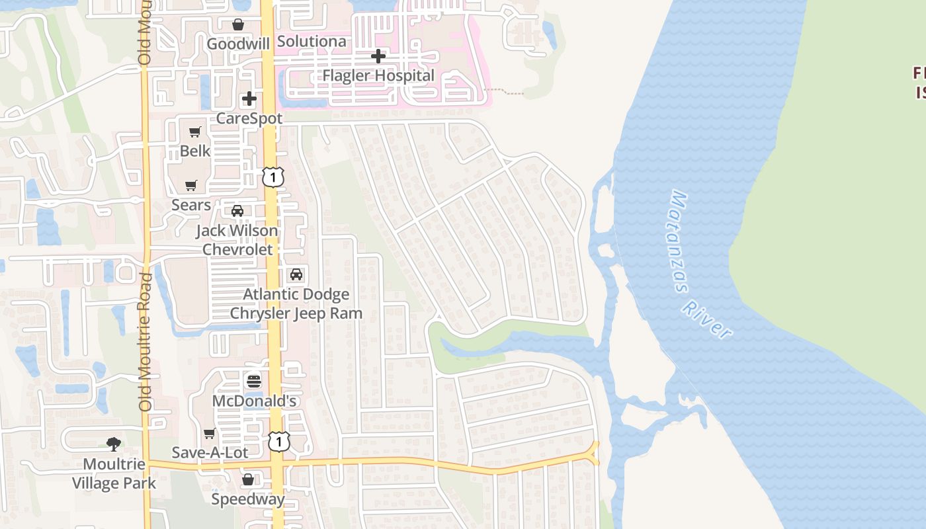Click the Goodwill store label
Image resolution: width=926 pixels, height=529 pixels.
tap(238, 44)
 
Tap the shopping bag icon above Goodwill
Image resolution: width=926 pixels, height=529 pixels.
tap(238, 24)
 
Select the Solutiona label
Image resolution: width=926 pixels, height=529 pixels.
tap(312, 41)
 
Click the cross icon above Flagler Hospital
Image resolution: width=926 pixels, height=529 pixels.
tap(378, 56)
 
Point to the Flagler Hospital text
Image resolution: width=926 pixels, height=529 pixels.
tap(378, 75)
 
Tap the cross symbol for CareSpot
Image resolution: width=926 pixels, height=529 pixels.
tap(249, 99)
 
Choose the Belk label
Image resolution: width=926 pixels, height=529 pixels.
tap(195, 151)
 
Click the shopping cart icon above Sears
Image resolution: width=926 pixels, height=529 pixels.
tap(191, 186)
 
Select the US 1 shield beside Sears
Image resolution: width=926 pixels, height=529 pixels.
tap(273, 177)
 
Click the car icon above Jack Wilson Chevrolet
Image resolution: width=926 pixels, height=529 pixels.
tap(237, 212)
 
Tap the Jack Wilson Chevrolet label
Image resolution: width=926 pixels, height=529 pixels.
tap(237, 240)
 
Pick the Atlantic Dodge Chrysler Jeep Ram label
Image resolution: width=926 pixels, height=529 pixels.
tap(296, 304)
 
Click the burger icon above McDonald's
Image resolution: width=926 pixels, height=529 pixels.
tap(254, 382)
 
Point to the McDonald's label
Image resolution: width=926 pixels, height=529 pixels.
tap(255, 401)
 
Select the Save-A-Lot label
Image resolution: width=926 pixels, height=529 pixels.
tap(210, 452)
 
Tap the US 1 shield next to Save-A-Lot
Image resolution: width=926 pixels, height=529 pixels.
tap(279, 442)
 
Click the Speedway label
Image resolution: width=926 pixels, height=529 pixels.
tap(248, 499)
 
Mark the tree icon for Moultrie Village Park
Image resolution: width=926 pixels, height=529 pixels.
tap(114, 444)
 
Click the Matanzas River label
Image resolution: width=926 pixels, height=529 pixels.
tap(700, 264)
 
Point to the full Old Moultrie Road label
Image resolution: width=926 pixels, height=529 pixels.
tap(146, 341)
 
